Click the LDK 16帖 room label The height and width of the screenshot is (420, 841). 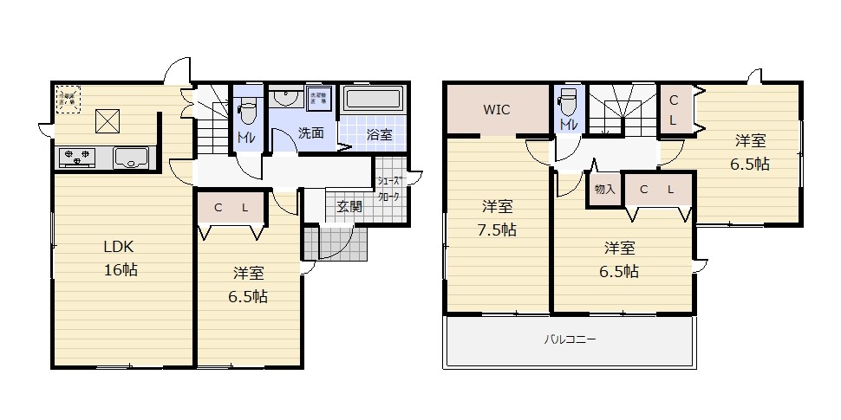[120, 257]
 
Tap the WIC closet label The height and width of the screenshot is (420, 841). [497, 110]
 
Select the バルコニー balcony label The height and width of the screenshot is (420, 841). [570, 340]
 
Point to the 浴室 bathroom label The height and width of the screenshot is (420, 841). [379, 134]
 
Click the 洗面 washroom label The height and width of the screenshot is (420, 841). [311, 133]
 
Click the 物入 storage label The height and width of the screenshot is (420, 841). [605, 190]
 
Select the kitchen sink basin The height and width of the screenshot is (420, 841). [131, 158]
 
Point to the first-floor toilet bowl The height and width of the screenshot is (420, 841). [246, 112]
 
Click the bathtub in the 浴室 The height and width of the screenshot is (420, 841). [374, 99]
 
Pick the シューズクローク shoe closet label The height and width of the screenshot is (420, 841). [389, 189]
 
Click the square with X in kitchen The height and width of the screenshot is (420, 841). [108, 121]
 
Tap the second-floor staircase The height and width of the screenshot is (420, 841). [622, 108]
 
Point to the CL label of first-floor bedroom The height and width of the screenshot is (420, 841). [231, 208]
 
